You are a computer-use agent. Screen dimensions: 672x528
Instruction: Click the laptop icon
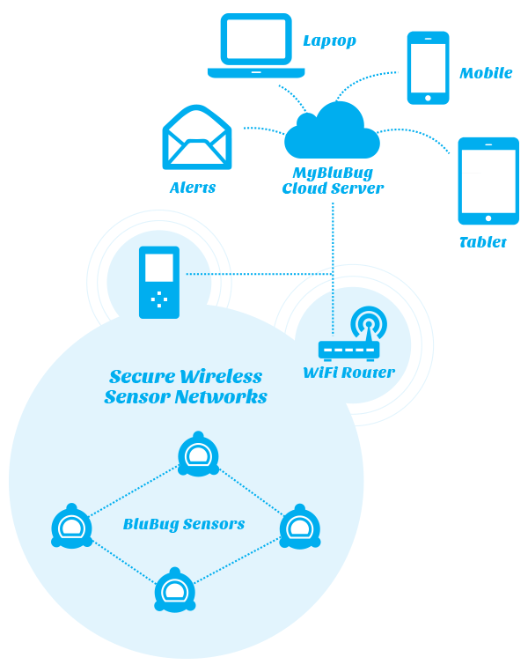(256, 46)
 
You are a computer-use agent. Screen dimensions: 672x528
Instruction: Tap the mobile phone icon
(429, 68)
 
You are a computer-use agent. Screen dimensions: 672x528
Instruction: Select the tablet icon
(488, 181)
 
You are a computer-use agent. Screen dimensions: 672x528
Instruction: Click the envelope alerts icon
(196, 138)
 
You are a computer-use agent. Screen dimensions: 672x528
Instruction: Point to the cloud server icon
(332, 131)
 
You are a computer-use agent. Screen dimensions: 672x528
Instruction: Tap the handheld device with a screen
(159, 282)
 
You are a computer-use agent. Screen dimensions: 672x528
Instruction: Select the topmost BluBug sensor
(198, 456)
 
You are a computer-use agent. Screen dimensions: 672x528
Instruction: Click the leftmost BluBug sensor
(71, 528)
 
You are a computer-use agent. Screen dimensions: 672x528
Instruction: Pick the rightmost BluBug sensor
(300, 528)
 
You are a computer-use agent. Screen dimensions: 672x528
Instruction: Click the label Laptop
(329, 41)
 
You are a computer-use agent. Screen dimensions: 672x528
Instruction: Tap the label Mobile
(486, 73)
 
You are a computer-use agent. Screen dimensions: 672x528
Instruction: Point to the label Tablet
(483, 242)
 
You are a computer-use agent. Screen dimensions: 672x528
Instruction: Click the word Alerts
(193, 188)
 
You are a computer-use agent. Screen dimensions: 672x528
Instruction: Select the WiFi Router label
(348, 373)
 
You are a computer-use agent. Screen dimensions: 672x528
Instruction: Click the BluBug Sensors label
(184, 525)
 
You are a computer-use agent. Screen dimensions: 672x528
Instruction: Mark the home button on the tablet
(488, 218)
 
